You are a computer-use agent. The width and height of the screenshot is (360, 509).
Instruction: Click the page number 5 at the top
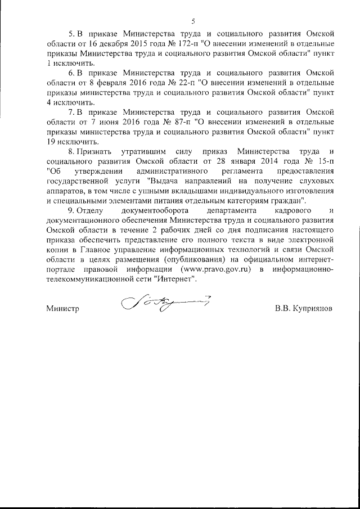(x=193, y=21)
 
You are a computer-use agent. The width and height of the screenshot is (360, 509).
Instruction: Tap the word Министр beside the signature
(x=63, y=309)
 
